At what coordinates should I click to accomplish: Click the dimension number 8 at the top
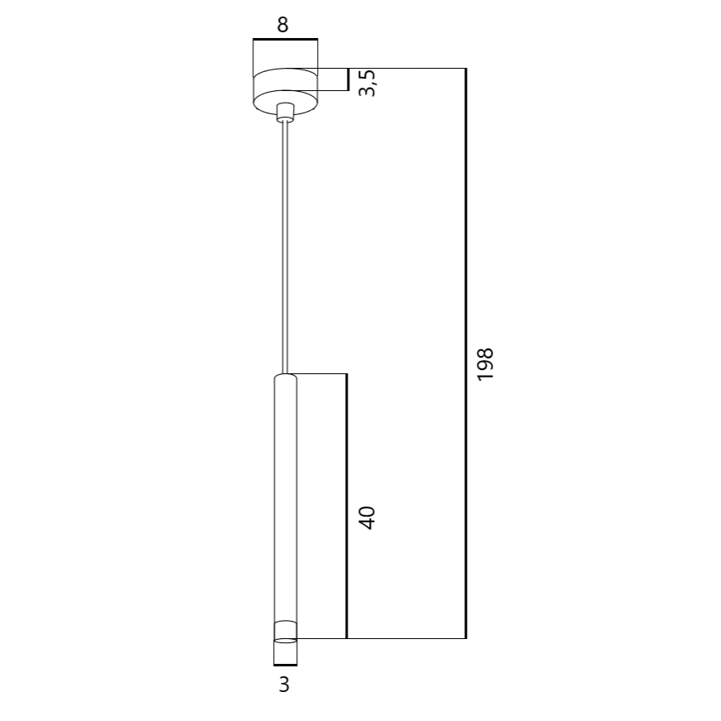point(283,25)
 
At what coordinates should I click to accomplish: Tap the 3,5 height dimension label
point(368,84)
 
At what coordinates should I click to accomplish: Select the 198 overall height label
point(485,364)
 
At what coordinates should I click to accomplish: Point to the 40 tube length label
point(367,517)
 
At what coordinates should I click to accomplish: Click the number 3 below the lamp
point(284,685)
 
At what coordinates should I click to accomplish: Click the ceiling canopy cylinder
point(285,90)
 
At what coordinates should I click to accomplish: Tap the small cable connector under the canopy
point(285,113)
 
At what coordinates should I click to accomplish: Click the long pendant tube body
point(286,506)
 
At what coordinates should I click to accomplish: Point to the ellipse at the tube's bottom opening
point(286,641)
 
